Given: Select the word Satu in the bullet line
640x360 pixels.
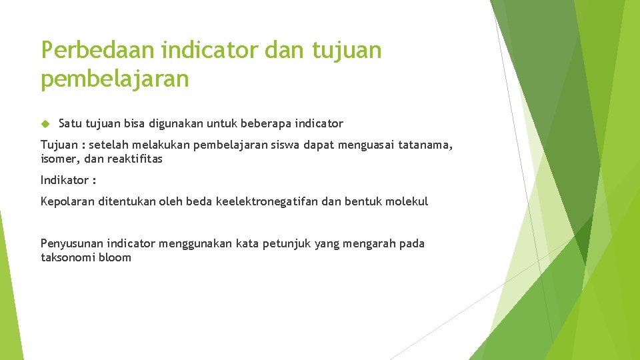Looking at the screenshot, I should click(x=71, y=123).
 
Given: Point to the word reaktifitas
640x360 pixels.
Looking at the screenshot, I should click(x=135, y=159).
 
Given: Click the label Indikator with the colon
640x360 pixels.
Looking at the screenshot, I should click(x=68, y=180).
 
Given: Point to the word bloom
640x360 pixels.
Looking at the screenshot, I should click(x=115, y=258).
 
